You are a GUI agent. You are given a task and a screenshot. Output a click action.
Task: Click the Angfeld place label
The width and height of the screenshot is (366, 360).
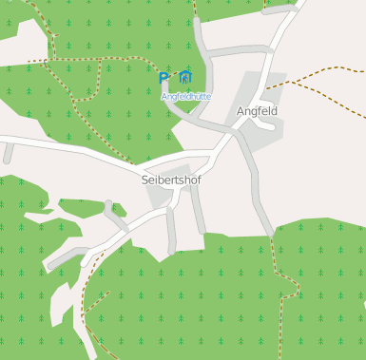click(x=257, y=111)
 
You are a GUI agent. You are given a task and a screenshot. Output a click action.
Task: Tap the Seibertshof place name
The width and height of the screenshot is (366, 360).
click(x=171, y=179)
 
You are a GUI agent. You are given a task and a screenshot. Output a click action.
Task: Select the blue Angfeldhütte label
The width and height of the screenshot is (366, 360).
click(x=185, y=96)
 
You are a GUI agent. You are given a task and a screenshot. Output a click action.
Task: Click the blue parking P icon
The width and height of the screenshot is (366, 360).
click(x=164, y=77)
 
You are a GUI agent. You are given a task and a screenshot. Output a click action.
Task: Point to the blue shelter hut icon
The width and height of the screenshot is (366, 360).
click(x=185, y=77)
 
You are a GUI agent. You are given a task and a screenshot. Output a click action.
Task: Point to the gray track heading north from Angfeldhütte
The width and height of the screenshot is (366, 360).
click(x=202, y=43)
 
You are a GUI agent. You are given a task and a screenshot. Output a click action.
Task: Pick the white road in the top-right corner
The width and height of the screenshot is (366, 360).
click(x=285, y=24)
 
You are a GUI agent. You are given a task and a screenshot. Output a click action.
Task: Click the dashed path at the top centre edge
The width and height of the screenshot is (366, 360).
click(x=194, y=8)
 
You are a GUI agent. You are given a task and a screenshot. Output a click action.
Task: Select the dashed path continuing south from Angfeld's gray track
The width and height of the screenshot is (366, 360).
click(x=278, y=275)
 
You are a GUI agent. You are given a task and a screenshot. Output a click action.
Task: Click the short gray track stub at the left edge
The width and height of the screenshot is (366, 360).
click(x=8, y=152)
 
